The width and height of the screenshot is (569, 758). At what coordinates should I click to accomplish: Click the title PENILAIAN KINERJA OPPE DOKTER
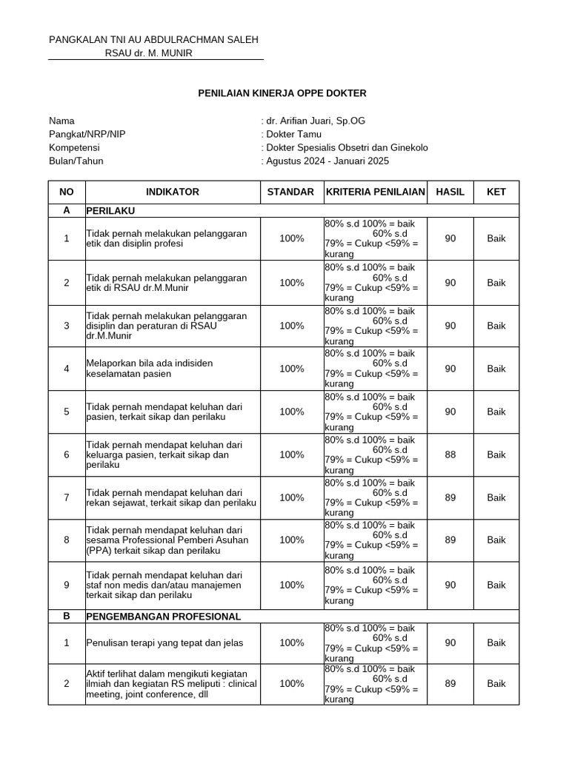click(x=282, y=93)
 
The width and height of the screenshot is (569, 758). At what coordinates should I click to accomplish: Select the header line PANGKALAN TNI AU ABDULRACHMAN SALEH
click(x=153, y=39)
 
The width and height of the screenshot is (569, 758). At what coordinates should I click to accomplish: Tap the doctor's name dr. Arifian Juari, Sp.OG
click(x=315, y=121)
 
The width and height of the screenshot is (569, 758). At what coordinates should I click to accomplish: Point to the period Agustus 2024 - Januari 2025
click(x=327, y=161)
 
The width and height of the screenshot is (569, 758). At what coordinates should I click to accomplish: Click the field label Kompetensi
click(x=74, y=147)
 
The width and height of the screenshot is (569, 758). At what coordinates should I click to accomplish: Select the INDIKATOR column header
click(x=173, y=192)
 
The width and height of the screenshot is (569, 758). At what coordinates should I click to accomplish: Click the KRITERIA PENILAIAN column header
click(x=375, y=192)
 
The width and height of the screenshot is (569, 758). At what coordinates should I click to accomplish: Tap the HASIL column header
click(x=450, y=192)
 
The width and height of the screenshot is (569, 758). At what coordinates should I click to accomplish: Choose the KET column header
click(x=496, y=192)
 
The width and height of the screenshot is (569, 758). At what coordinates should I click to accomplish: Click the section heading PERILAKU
click(x=110, y=210)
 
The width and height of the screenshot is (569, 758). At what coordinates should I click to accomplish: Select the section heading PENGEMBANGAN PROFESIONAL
click(x=164, y=616)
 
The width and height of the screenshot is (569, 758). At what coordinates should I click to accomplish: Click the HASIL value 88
click(x=450, y=455)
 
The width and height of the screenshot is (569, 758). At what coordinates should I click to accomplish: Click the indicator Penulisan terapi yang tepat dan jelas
click(x=164, y=643)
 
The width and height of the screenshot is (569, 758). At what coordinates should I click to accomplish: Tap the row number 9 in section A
click(x=67, y=585)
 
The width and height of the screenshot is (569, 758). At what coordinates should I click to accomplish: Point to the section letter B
click(x=67, y=616)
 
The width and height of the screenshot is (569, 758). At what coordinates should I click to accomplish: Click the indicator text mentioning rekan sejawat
click(x=171, y=497)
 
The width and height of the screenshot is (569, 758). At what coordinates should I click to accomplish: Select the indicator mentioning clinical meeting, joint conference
click(x=171, y=684)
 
